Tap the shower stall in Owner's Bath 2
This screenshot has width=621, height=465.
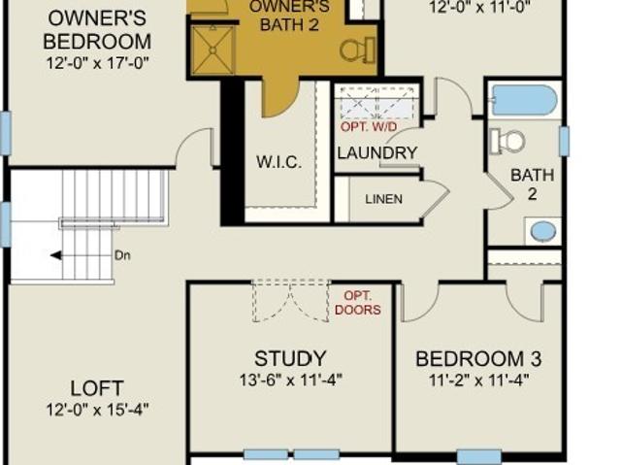(x=212, y=50)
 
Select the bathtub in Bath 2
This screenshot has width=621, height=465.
(x=524, y=100)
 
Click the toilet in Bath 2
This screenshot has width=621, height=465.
(x=507, y=142)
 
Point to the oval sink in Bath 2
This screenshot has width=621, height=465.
(x=543, y=231)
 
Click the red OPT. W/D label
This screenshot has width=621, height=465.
(x=369, y=127)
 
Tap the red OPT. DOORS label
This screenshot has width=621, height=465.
(x=358, y=303)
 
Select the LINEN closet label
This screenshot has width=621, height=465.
(x=384, y=199)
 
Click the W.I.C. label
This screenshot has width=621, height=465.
(x=278, y=162)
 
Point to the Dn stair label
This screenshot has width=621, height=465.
(x=122, y=255)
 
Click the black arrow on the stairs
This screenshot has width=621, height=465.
(x=56, y=255)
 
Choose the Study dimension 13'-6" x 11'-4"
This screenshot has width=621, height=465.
(x=291, y=381)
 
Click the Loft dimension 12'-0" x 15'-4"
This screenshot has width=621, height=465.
(x=97, y=409)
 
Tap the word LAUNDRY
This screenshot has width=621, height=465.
(x=377, y=152)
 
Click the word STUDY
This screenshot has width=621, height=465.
(x=290, y=358)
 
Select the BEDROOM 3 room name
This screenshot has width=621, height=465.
(x=478, y=359)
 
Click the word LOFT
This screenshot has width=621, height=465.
(x=97, y=388)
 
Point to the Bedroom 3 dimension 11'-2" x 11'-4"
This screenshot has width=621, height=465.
(x=479, y=381)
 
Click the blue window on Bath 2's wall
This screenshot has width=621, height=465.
(x=564, y=141)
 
